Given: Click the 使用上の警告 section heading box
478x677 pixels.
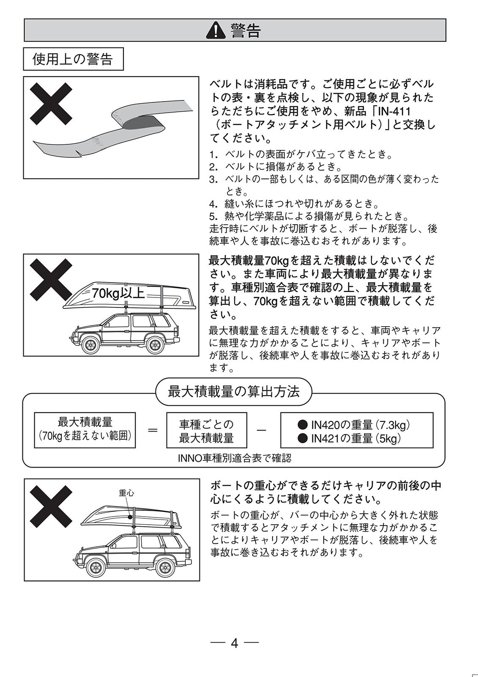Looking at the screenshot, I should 73,59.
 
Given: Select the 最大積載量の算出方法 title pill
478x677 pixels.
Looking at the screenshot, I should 234,392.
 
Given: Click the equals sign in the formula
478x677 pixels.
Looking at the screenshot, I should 153,430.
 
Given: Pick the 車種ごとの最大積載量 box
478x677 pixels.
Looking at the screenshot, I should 206,431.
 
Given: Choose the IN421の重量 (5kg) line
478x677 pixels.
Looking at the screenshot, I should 350,438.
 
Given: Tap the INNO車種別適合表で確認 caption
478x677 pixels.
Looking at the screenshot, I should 235,458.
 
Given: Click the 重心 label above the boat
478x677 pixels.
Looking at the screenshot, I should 126,493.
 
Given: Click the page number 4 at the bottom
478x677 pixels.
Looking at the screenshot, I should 235,644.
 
